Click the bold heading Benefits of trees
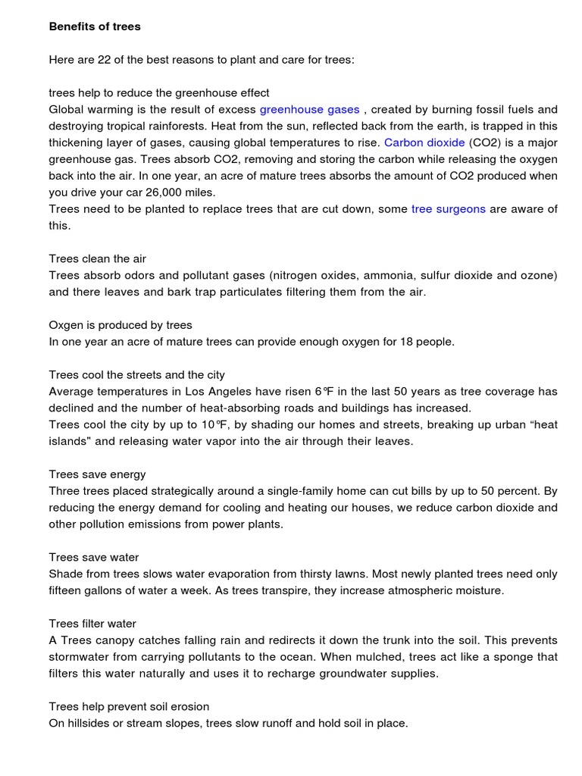click(x=95, y=27)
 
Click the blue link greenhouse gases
click(x=309, y=110)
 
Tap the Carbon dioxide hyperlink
click(x=424, y=142)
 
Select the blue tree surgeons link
click(x=448, y=209)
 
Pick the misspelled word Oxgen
click(x=66, y=325)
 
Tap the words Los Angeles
click(x=240, y=392)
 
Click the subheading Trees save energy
click(x=97, y=474)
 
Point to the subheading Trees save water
click(x=94, y=558)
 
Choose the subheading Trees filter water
click(x=92, y=624)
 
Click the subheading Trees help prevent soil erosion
click(x=129, y=707)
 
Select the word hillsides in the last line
click(x=91, y=724)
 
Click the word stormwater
click(x=80, y=657)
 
